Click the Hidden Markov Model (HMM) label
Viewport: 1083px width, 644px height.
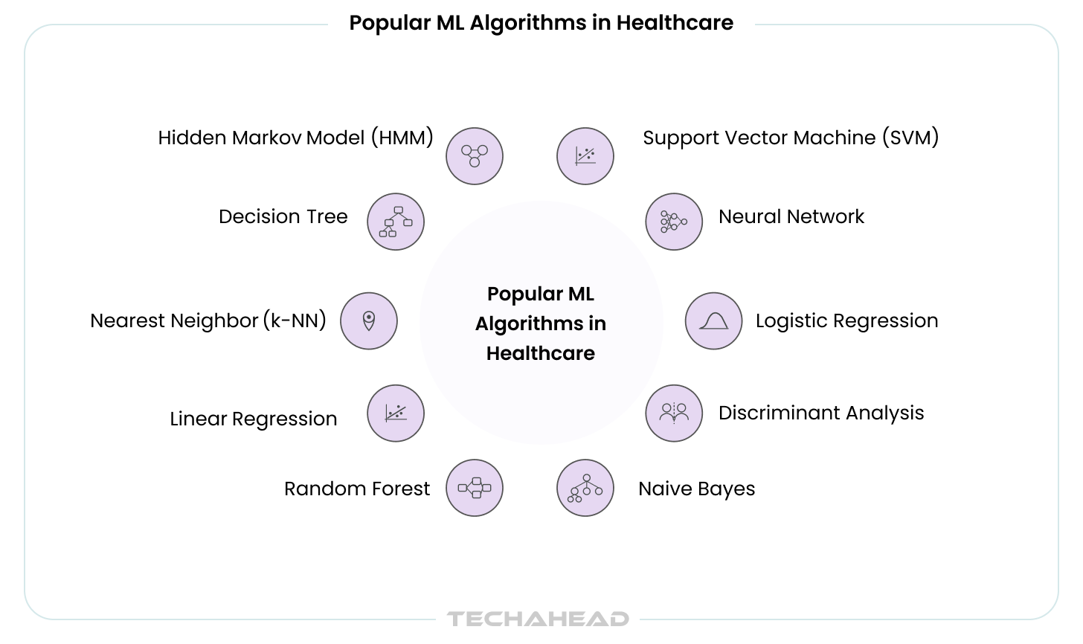pos(295,138)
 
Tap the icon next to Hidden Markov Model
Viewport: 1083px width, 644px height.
pos(475,156)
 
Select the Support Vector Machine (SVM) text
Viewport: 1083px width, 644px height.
pos(791,138)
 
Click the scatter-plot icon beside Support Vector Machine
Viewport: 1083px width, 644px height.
pos(585,156)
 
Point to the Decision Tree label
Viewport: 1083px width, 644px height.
pos(283,216)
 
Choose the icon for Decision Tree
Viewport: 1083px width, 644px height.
pos(396,222)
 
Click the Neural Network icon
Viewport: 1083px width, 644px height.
pos(674,222)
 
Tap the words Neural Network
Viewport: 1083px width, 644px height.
pos(791,216)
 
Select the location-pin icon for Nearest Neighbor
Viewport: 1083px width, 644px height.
pos(369,321)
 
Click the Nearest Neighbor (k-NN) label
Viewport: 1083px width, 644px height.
pos(208,321)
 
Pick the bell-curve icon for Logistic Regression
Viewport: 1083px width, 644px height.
pos(713,321)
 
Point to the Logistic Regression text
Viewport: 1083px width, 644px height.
pos(846,321)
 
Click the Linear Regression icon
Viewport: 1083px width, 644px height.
pos(396,413)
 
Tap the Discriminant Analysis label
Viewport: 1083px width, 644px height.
pos(821,413)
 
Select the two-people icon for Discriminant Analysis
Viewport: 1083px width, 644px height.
pos(674,413)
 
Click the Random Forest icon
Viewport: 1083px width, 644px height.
pos(475,488)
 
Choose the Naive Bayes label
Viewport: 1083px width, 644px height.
pos(696,489)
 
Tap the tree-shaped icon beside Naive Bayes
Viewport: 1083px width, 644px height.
pos(585,488)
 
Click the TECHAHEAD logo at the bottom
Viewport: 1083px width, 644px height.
pos(538,619)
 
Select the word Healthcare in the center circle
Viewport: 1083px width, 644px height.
pos(541,353)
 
